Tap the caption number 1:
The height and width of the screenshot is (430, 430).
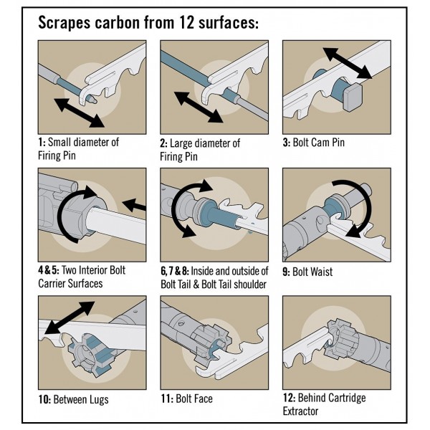(x=42, y=142)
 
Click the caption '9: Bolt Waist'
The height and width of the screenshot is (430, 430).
(x=312, y=272)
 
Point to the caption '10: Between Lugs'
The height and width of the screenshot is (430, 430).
(x=73, y=399)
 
